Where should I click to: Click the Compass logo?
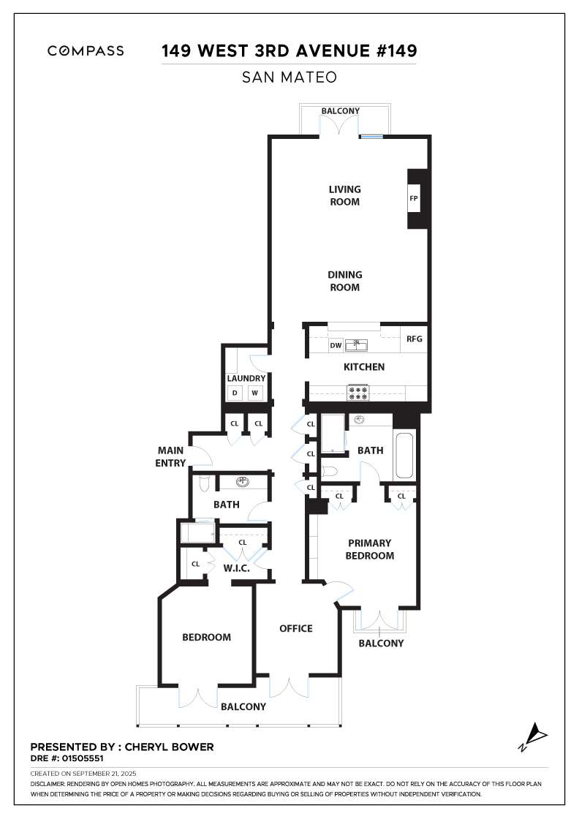[86, 51]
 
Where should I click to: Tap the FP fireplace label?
[414, 199]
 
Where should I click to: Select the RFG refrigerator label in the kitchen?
[414, 339]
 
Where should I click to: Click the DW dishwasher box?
[336, 345]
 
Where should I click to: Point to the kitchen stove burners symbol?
[360, 393]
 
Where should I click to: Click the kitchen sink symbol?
[357, 344]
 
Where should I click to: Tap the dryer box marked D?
[235, 393]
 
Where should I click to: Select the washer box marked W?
[255, 393]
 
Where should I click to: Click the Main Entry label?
[170, 456]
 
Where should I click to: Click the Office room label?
[295, 628]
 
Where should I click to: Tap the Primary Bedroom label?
[370, 549]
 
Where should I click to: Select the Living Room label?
[344, 195]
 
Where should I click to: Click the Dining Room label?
[344, 281]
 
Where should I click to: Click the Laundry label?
[246, 378]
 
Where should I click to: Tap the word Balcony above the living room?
[341, 111]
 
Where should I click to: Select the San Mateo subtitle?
[289, 78]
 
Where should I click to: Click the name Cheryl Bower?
[170, 747]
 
